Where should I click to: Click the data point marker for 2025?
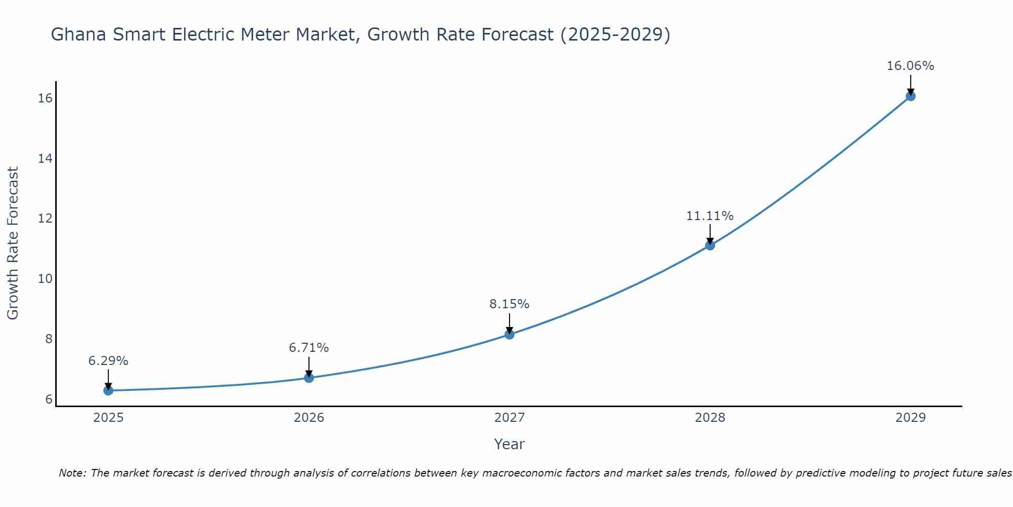[x=108, y=390]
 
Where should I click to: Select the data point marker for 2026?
[x=308, y=378]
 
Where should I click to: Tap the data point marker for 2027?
[x=509, y=334]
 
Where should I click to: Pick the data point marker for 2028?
[x=710, y=245]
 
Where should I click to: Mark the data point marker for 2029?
[x=910, y=96]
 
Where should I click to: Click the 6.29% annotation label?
[x=108, y=361]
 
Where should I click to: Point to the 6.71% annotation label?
[x=308, y=348]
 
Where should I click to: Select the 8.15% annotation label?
[x=509, y=304]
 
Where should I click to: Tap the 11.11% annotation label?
[x=710, y=216]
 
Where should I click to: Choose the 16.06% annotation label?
[x=910, y=66]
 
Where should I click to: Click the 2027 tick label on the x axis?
[x=509, y=418]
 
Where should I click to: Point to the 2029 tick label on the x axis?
[x=910, y=418]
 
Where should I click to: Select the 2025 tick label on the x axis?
[x=108, y=418]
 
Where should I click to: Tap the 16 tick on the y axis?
[x=45, y=98]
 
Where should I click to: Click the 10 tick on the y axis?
[x=45, y=279]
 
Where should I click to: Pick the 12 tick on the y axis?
[x=45, y=219]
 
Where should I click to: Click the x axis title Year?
[x=509, y=444]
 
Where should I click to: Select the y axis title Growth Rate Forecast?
[x=13, y=243]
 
